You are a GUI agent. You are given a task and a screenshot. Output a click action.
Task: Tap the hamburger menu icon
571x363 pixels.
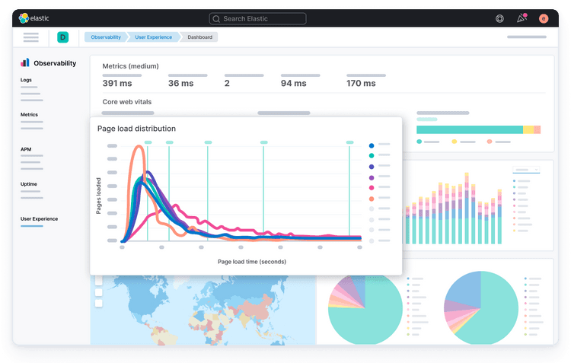[x=30, y=37]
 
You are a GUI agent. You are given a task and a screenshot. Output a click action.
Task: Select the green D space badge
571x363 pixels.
[x=62, y=37]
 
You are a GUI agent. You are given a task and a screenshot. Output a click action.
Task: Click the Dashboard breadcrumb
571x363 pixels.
[x=200, y=37]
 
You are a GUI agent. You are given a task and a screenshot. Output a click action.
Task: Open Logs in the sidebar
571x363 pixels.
[x=26, y=80]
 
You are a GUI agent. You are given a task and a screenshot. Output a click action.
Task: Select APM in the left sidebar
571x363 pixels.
[x=26, y=149]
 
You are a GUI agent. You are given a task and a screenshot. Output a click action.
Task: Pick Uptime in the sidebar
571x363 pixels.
[x=29, y=184]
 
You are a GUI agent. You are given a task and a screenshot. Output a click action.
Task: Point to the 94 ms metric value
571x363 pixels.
[x=293, y=84]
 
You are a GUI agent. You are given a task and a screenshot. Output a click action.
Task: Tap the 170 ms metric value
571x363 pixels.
[x=360, y=84]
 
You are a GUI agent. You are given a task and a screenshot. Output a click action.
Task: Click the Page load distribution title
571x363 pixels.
[x=136, y=129]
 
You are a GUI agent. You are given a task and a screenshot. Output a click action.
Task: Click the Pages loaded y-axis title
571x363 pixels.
[x=98, y=196]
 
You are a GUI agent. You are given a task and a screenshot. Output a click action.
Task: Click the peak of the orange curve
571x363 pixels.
[x=139, y=149]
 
